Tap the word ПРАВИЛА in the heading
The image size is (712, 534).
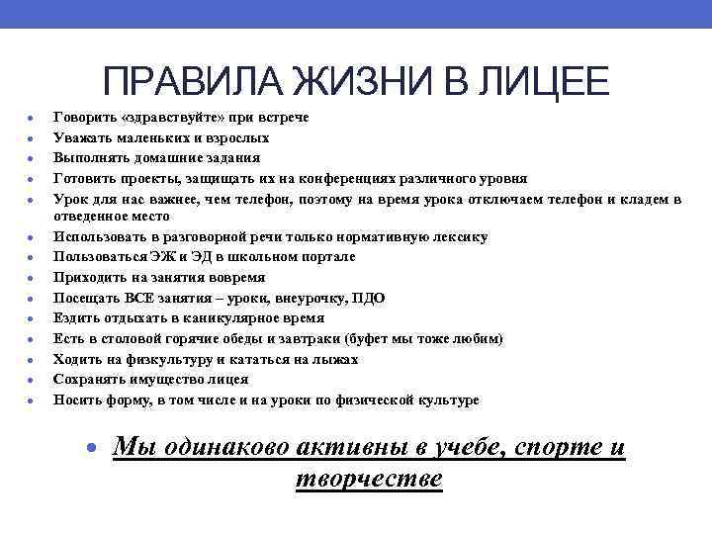point(187,82)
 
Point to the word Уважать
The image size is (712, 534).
point(83,137)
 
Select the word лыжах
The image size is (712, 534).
point(333,359)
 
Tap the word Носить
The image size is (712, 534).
point(76,400)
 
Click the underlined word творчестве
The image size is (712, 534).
point(369,478)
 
